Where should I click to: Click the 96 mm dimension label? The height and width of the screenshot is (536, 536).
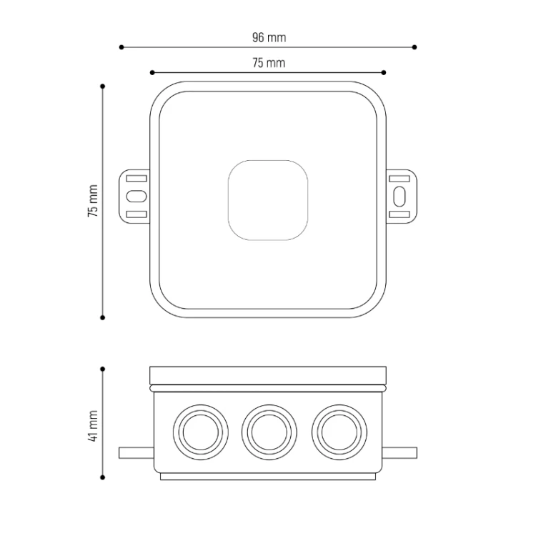269,37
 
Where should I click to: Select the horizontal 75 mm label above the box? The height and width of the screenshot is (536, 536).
269,63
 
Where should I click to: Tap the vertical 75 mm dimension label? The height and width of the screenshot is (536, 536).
93,201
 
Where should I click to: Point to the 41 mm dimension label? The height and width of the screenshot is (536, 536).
93,426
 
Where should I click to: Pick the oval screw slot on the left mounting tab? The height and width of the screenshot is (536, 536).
137,197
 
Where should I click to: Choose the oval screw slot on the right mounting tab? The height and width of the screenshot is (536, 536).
399,197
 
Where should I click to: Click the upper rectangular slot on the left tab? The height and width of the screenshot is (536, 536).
137,179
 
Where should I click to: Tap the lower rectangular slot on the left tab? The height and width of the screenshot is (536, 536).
137,214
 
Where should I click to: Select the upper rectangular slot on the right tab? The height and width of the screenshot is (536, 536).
399,179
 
